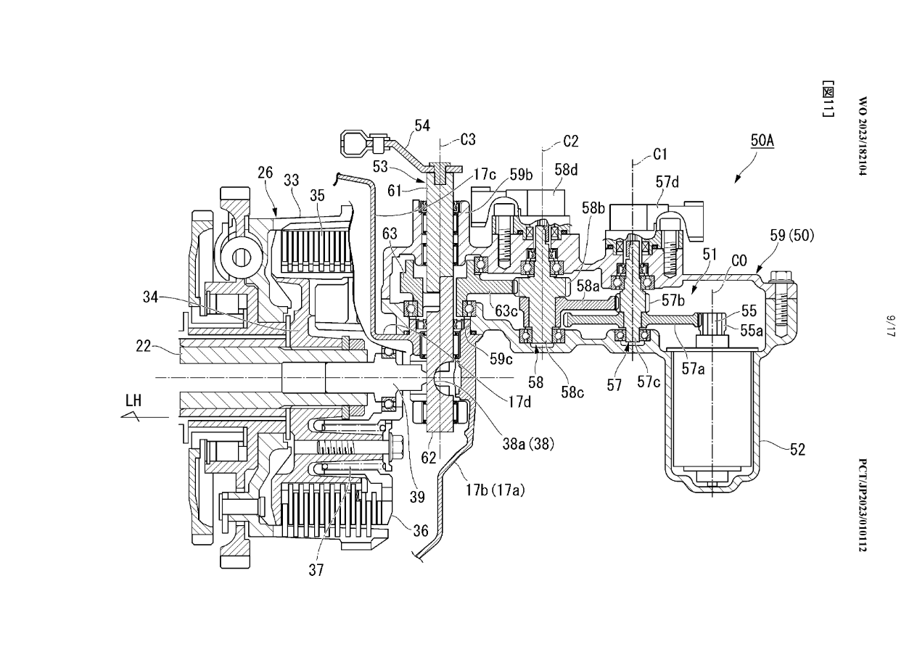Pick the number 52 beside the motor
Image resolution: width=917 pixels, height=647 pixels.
pos(797,450)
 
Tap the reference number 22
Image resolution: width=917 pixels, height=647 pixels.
pos(144,347)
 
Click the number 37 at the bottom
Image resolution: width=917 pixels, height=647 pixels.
pos(316,570)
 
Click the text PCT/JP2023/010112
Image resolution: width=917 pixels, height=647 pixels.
pos(863,505)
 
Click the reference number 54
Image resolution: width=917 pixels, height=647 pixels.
pos(422,126)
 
